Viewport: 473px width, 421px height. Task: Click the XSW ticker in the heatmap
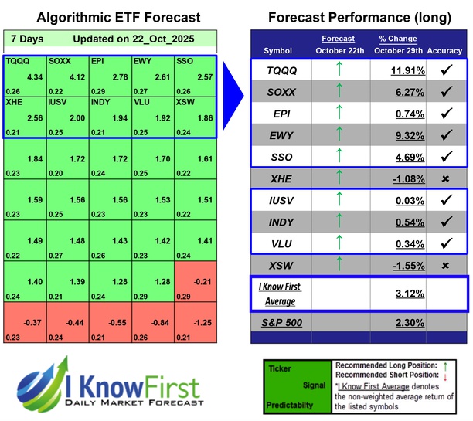pyautogui.click(x=186, y=102)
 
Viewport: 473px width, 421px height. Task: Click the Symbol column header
pyautogui.click(x=278, y=50)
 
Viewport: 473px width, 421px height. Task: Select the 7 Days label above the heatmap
pyautogui.click(x=27, y=39)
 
